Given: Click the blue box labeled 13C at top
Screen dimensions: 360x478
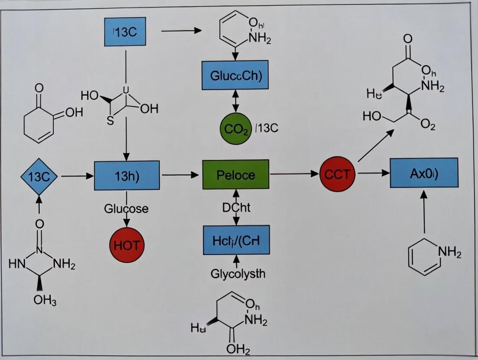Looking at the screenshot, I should coord(125,32).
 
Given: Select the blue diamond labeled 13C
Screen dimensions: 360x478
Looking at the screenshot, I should coord(39,177).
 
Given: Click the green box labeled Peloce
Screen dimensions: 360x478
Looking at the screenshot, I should coord(236,175).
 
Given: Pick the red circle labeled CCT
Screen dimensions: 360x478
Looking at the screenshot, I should coord(337,174).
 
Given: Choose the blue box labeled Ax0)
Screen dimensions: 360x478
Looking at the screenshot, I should coord(424,173).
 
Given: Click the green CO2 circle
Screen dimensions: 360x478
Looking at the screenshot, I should coord(236,129).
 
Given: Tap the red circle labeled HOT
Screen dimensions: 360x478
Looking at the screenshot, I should coord(127,245).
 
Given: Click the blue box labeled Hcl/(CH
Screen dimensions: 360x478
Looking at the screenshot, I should coord(236,240).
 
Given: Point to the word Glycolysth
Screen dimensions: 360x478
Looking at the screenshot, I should coord(238,273).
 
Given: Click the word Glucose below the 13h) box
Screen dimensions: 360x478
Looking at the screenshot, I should coord(126,209).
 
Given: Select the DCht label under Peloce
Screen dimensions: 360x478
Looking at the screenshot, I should coord(236,207).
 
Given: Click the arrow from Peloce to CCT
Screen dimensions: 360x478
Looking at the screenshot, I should coord(294,174).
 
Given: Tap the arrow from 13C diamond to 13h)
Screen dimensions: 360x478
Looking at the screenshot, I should coord(77,176).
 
